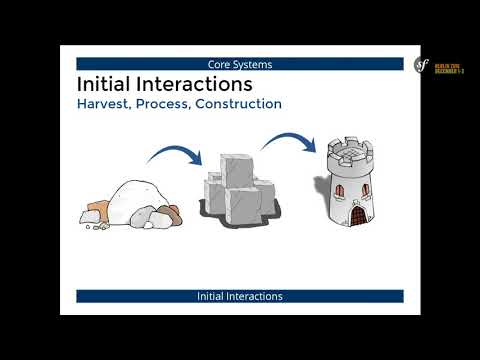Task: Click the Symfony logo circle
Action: click(x=422, y=65)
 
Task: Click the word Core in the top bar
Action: click(x=219, y=64)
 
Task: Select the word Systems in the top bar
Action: click(x=252, y=64)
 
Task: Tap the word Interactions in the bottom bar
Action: click(x=256, y=297)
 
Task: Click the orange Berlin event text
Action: click(x=449, y=69)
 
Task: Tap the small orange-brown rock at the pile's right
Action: click(x=171, y=212)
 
